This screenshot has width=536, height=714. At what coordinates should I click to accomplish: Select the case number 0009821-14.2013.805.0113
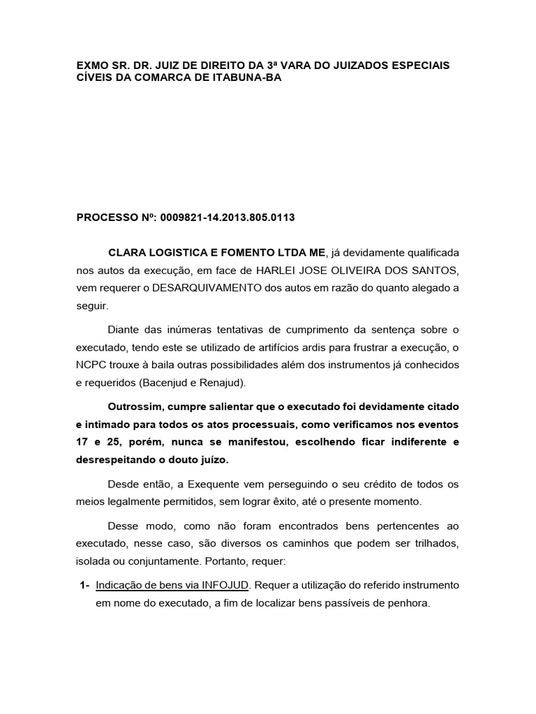[228, 218]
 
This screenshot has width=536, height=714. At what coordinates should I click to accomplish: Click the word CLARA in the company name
[126, 252]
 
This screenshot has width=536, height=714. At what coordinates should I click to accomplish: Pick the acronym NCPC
[91, 365]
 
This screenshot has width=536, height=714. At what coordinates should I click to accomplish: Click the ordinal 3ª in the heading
[283, 65]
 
